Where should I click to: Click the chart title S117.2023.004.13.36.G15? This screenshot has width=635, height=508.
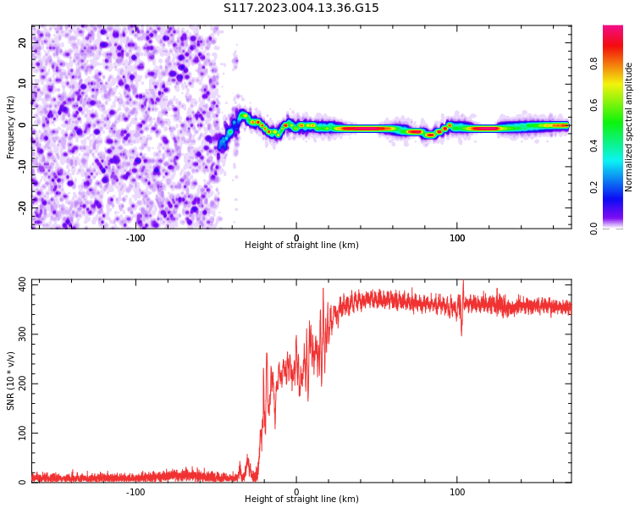[301, 8]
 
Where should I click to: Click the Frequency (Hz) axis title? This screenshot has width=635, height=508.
[11, 127]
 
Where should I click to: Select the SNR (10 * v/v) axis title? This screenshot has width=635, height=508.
[11, 381]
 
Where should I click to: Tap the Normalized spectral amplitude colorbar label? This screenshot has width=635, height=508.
[629, 127]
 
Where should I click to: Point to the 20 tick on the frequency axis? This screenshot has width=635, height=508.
[22, 42]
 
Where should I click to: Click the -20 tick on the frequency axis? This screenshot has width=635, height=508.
[22, 207]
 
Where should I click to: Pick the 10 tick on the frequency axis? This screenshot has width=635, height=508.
[22, 84]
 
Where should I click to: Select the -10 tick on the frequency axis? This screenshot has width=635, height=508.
[22, 166]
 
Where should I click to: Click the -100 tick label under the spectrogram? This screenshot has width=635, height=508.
[135, 238]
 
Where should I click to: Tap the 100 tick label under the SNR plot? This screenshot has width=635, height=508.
[457, 492]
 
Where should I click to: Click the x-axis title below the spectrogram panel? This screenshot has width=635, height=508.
[301, 246]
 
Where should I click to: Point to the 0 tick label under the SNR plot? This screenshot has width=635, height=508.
[296, 492]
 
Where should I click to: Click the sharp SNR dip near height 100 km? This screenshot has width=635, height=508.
[461, 334]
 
